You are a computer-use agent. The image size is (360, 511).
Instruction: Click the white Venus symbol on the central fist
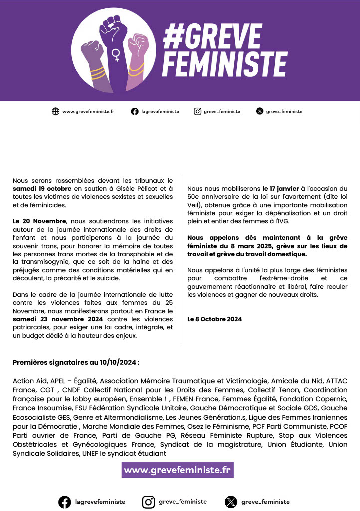(117, 55)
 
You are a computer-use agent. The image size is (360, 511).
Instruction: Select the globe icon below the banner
(55, 112)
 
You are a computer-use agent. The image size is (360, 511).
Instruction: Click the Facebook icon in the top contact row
(135, 112)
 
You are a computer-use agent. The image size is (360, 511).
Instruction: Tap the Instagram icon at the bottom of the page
(148, 502)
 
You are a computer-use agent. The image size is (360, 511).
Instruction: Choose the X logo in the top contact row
(259, 112)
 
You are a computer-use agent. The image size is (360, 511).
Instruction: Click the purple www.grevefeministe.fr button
(178, 470)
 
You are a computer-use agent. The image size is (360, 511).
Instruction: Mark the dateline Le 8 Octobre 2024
(214, 319)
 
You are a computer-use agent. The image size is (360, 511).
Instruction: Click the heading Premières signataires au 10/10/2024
(76, 362)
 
